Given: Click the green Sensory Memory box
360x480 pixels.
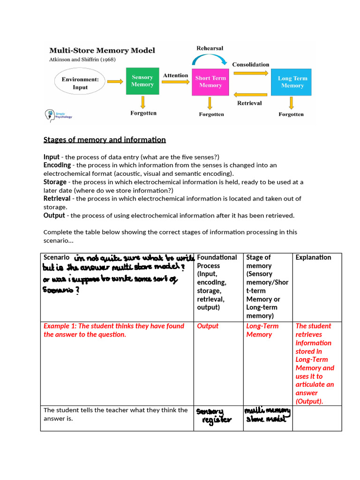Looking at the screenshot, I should [142, 81].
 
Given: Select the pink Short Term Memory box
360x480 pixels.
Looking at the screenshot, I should [210, 82].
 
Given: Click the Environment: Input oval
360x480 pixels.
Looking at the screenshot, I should [80, 83].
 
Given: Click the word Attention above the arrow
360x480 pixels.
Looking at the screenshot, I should [175, 75].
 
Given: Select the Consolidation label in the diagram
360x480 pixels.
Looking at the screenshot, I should [251, 64].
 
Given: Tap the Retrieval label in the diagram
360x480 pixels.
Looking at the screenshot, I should [249, 103].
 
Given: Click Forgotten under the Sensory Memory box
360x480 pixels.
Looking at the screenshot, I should [143, 113].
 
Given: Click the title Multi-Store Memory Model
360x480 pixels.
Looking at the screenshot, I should [102, 50].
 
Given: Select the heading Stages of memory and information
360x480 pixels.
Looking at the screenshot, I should [105, 140].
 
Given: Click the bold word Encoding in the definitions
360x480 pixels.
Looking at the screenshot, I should [57, 165].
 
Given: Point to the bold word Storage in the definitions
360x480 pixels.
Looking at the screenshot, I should [55, 182].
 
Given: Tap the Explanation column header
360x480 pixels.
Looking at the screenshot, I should [313, 257].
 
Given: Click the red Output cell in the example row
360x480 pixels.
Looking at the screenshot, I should [208, 326].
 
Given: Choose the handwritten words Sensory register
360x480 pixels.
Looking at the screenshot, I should [214, 415].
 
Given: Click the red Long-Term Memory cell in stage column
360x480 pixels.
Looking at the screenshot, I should [262, 330].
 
